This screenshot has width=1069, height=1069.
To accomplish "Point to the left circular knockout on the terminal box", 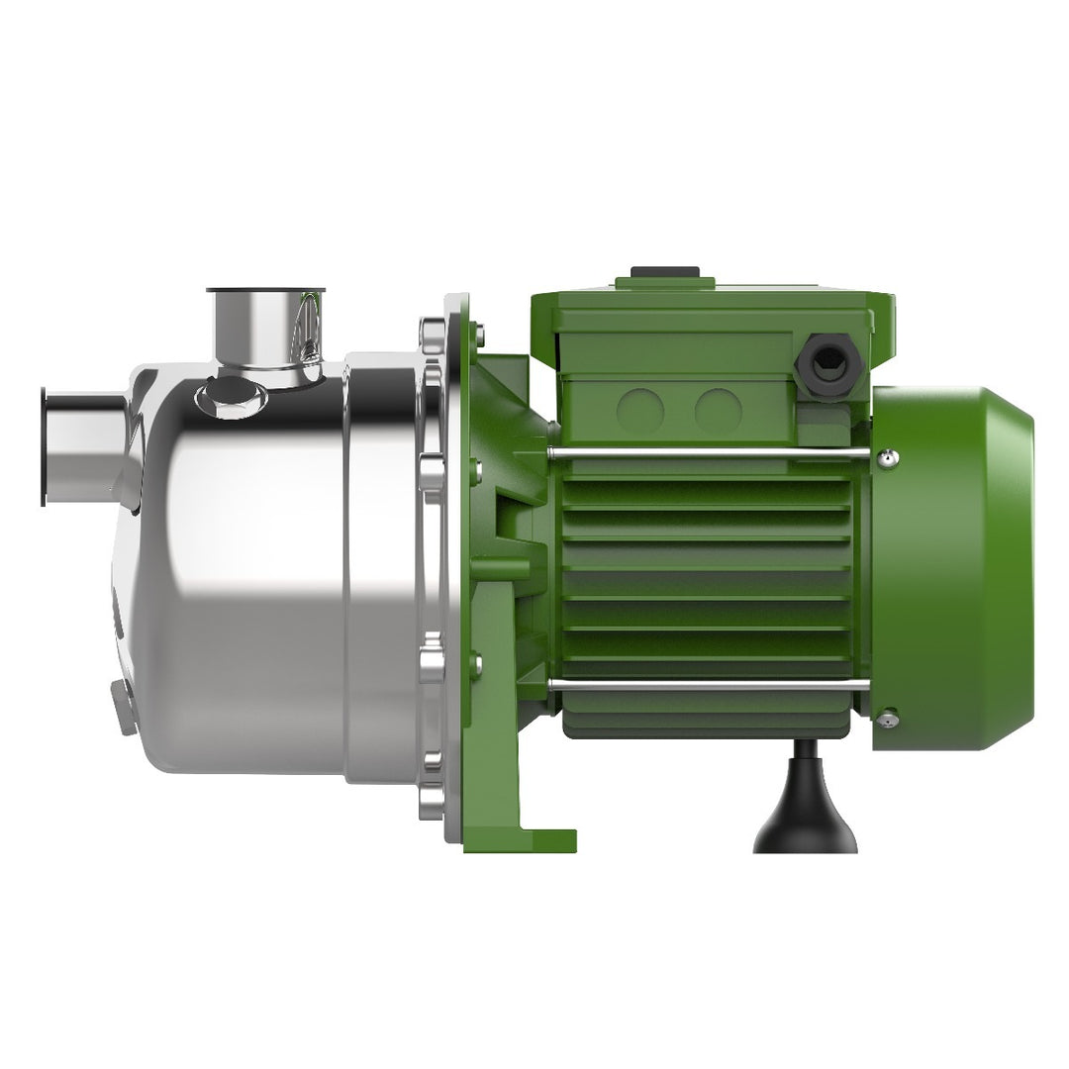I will point(639,410).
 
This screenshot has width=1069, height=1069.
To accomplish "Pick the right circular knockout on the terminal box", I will point(718,410).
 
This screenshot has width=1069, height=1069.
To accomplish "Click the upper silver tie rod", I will point(708,454).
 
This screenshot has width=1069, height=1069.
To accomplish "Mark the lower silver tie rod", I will point(708,684).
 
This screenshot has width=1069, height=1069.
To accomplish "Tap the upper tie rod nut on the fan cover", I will point(888,456).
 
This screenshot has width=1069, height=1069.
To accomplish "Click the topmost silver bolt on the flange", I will point(433,333).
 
